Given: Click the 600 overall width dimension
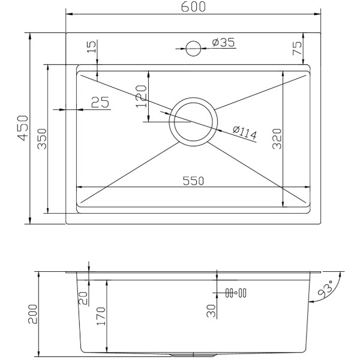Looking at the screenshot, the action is (x=193, y=7).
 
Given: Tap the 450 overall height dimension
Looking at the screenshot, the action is (x=23, y=128).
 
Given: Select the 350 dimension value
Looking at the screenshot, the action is (x=42, y=139).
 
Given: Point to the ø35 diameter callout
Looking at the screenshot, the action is (x=223, y=43).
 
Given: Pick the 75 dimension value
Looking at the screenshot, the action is (x=297, y=48).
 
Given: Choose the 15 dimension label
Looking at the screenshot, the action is (x=92, y=47).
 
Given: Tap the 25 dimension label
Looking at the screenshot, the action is (x=100, y=102).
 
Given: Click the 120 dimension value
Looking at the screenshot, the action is (x=141, y=96).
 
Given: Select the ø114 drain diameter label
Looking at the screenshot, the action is (x=245, y=133).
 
